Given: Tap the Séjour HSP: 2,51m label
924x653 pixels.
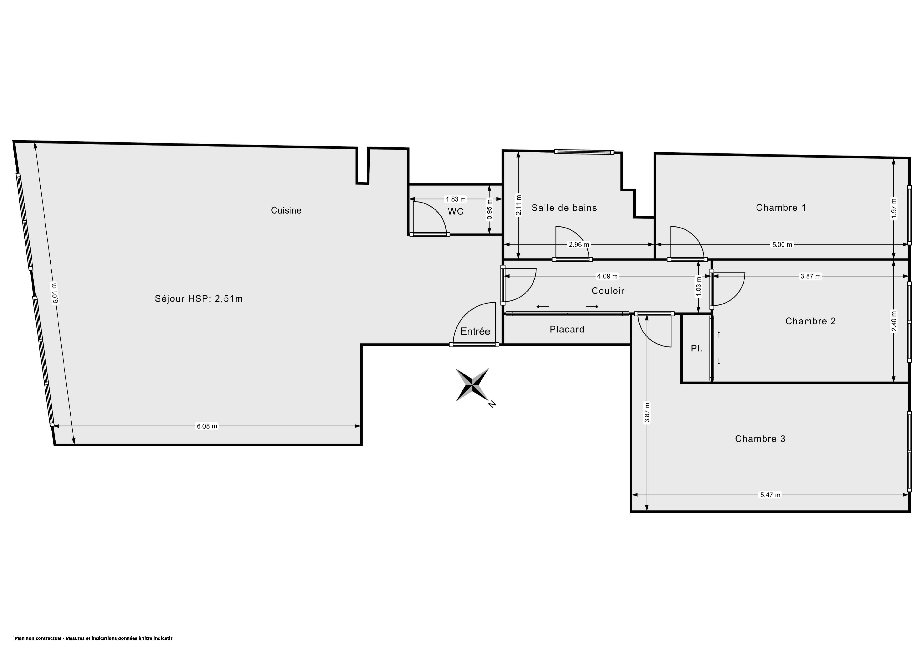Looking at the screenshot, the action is tap(199, 298).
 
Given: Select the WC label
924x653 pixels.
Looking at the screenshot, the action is tap(456, 211).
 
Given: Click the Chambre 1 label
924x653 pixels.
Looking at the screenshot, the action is tap(781, 208).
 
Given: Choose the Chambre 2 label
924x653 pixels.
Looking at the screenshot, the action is tap(810, 321).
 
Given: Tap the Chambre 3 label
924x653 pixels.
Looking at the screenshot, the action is tap(760, 438).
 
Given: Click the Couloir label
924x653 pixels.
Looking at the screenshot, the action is tap(608, 291).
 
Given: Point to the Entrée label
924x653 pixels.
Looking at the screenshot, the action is tap(475, 331).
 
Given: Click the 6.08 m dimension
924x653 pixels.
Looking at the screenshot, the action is tap(207, 426).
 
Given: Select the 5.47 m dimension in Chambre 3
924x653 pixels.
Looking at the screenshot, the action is tap(770, 495).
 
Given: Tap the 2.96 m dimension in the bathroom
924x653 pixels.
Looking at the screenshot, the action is tap(579, 244).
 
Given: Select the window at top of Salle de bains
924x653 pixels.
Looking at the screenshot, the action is tap(584, 152).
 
